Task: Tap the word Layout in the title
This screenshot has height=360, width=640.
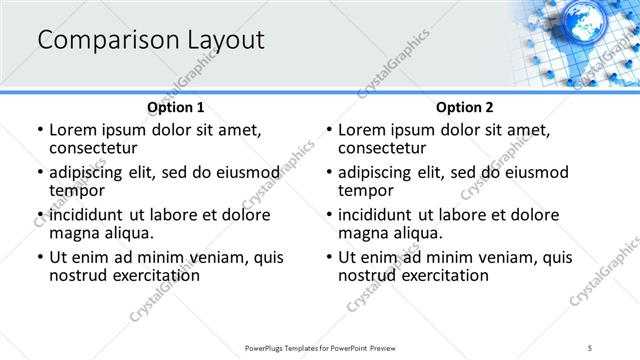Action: (223, 41)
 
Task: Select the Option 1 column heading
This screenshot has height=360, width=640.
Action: (175, 107)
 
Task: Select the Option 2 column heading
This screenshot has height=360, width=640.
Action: (464, 107)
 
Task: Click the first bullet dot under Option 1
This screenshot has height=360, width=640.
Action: (39, 130)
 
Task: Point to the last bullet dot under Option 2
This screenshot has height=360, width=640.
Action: (328, 257)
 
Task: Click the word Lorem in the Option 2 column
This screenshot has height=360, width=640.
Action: (362, 129)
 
